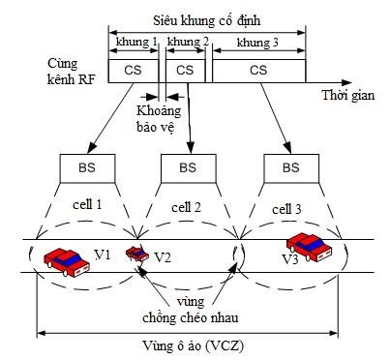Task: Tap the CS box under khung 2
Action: click(x=187, y=70)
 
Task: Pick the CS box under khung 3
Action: click(x=258, y=70)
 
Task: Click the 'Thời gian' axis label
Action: click(x=347, y=97)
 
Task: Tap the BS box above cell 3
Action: click(x=290, y=166)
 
